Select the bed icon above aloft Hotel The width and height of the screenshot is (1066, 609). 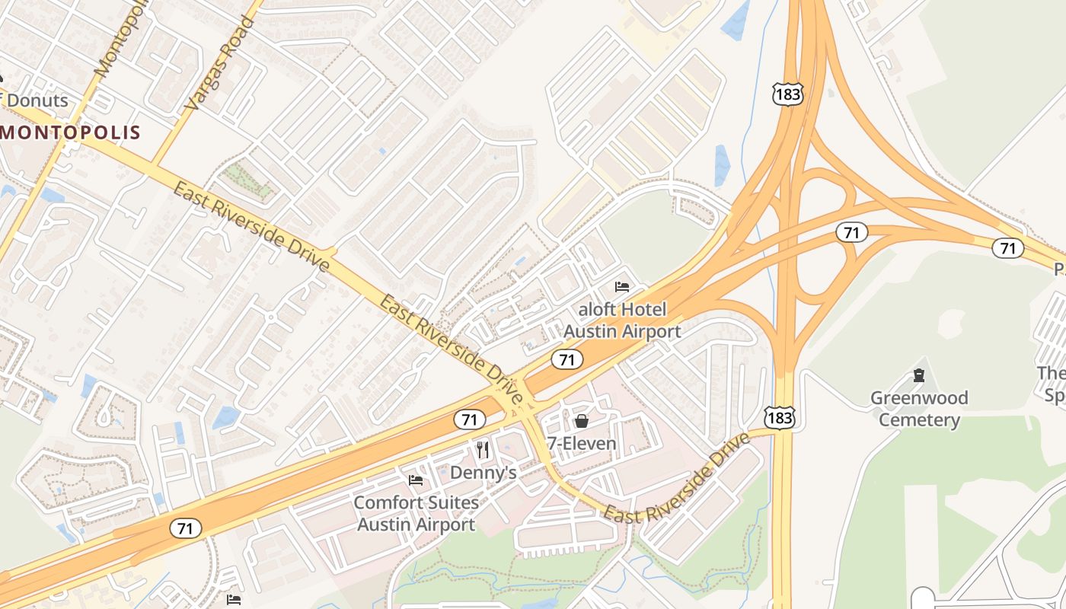pyautogui.click(x=622, y=287)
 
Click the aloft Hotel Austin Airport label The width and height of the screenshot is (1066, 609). pyautogui.click(x=622, y=320)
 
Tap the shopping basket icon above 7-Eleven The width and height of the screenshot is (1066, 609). pyautogui.click(x=582, y=421)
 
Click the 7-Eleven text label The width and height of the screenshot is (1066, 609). pyautogui.click(x=582, y=443)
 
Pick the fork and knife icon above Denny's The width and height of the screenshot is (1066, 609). pyautogui.click(x=482, y=450)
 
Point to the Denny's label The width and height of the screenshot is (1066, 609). pyautogui.click(x=484, y=473)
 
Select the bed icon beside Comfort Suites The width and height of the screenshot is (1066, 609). pyautogui.click(x=416, y=480)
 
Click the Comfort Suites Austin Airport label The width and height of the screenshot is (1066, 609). pyautogui.click(x=417, y=514)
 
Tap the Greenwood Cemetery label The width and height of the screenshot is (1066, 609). pyautogui.click(x=919, y=409)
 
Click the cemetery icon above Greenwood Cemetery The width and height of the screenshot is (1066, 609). pyautogui.click(x=919, y=375)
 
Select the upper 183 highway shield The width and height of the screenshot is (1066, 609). pyautogui.click(x=787, y=94)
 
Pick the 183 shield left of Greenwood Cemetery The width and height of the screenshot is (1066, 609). pyautogui.click(x=780, y=416)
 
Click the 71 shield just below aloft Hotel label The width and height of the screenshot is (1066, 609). pyautogui.click(x=567, y=359)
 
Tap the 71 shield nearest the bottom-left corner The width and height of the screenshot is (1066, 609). pyautogui.click(x=186, y=528)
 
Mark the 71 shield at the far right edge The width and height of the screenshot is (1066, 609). pyautogui.click(x=1007, y=247)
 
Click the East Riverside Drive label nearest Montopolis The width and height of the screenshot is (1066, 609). pyautogui.click(x=251, y=227)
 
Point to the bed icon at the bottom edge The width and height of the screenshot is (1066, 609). pyautogui.click(x=234, y=600)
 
